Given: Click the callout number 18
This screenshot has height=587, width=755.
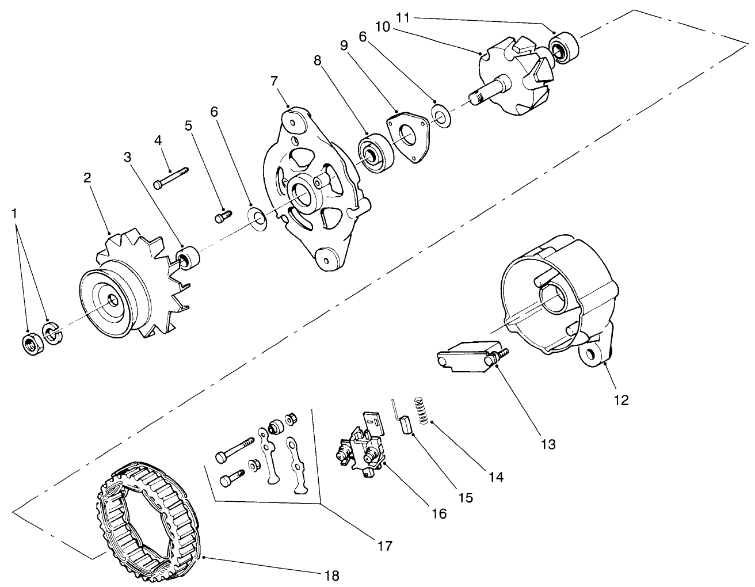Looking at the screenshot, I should click(331, 575).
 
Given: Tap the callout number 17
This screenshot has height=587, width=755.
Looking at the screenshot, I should click(385, 545).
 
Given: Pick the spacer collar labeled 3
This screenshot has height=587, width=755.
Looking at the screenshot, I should click(188, 256).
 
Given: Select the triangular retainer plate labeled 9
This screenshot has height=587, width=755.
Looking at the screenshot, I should click(409, 138).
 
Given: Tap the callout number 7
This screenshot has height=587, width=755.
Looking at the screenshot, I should click(274, 81).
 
